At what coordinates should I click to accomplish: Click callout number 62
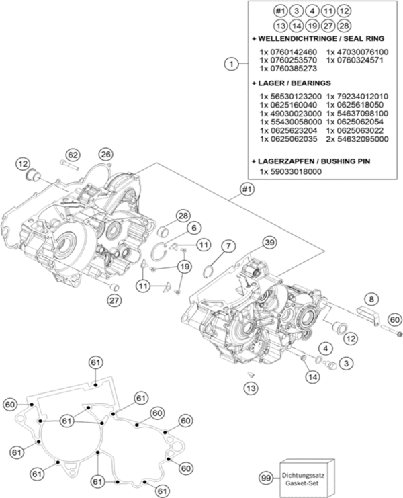[73, 154]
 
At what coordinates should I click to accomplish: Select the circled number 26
[106, 154]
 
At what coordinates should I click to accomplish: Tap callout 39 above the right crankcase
[269, 242]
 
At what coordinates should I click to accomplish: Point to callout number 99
[267, 477]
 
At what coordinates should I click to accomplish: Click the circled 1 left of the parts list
[230, 65]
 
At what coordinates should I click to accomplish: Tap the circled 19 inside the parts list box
[312, 26]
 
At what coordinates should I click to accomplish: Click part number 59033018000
[290, 172]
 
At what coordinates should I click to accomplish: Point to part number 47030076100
[357, 52]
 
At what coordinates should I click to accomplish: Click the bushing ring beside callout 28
[163, 233]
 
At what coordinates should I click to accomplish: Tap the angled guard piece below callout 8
[367, 313]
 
